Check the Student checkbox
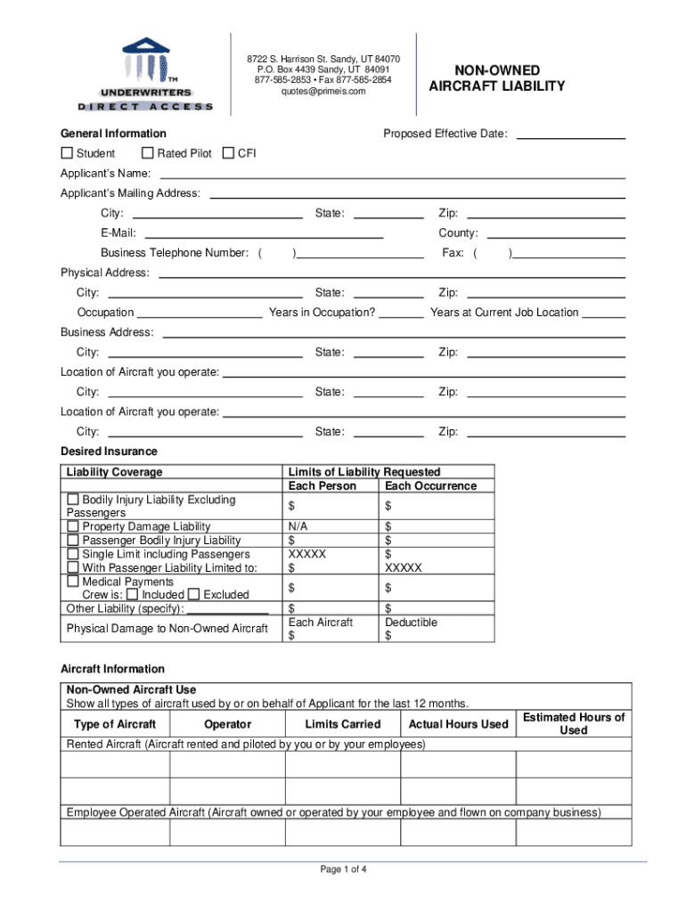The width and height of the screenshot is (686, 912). coord(67,153)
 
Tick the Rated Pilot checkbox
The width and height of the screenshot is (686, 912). coord(148,153)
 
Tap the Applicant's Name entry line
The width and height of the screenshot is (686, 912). coord(392,175)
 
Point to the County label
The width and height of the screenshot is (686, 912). coord(458,233)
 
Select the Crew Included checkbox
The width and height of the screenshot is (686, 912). coord(132,595)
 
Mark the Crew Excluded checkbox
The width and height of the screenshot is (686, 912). coord(193,595)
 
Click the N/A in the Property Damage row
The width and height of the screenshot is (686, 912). coord(298,527)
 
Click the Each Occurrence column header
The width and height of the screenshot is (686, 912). coord(431,486)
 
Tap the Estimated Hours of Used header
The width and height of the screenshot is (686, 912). coord(574,723)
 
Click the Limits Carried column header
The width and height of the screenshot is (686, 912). coord(342,724)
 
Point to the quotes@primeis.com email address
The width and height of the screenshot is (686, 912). coord(323,91)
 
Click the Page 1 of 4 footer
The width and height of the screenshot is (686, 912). coord(343,870)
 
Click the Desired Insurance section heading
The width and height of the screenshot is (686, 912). coord(109,452)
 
